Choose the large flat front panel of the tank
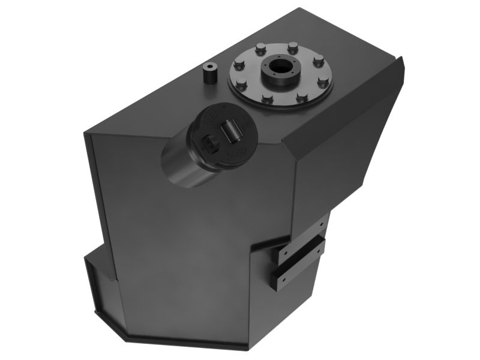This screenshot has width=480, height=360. [180, 240]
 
